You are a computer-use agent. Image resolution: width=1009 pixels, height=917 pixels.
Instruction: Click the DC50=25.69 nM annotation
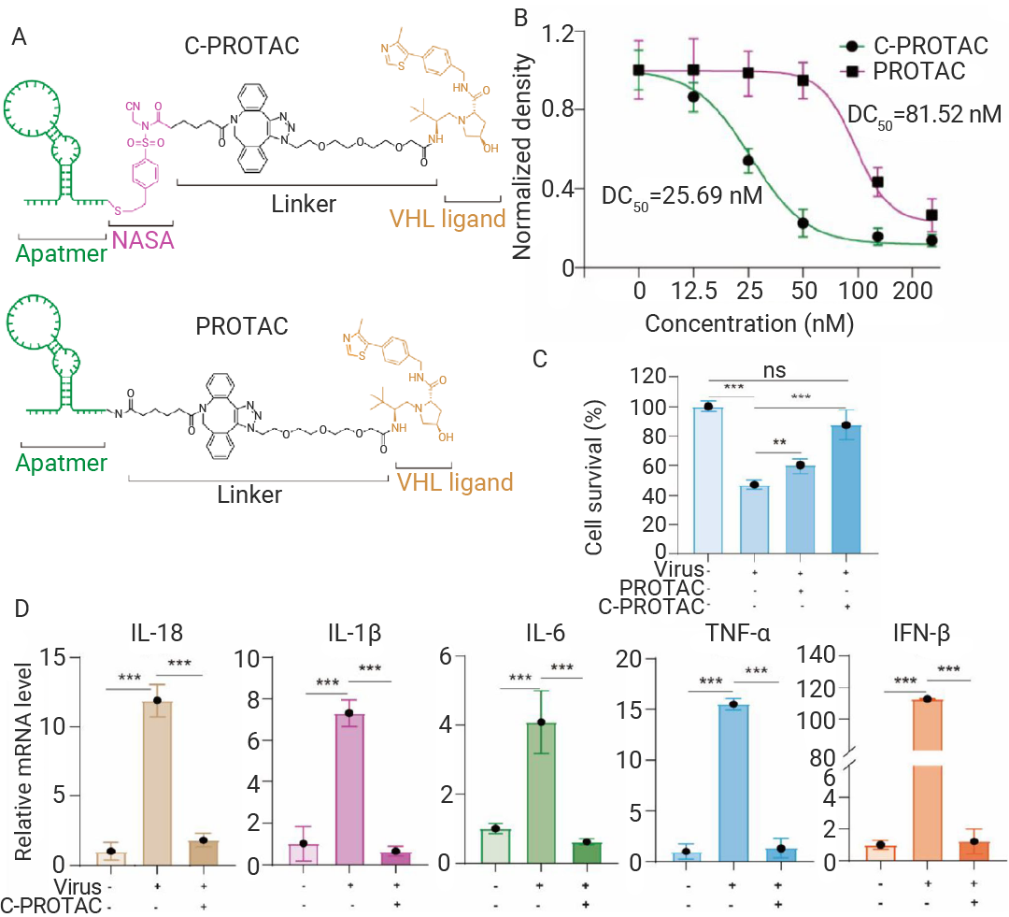click(682, 197)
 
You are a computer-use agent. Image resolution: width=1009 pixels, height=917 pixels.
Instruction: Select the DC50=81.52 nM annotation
click(923, 115)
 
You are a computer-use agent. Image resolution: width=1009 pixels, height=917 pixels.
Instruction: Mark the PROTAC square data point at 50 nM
click(801, 80)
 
